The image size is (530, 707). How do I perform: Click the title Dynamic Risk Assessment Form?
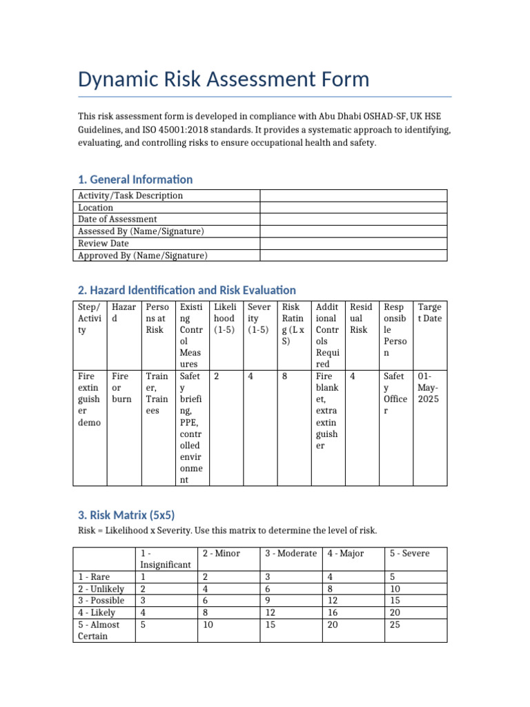224,79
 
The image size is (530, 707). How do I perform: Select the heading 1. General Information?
135,180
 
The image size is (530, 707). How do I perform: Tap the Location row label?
96,207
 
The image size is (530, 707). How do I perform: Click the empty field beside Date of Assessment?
353,219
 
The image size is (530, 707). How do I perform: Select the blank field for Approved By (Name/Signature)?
353,255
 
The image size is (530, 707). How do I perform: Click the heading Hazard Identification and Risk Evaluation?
187,290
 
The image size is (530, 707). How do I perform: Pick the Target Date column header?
430,313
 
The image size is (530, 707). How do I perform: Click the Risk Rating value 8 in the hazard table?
285,376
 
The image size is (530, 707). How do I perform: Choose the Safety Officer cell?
395,388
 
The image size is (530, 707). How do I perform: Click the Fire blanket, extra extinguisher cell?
327,411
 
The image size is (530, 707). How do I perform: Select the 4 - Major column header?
346,554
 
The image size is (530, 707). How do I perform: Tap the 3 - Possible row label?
101,600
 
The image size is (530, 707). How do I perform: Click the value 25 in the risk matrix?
395,624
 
